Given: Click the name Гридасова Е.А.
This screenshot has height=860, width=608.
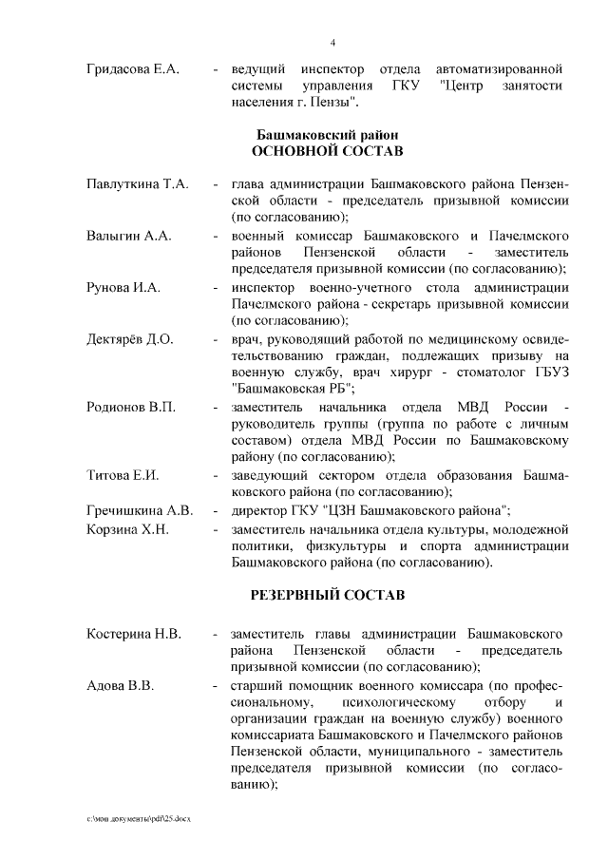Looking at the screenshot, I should point(134,70).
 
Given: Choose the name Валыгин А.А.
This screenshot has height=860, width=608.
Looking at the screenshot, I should point(128,235).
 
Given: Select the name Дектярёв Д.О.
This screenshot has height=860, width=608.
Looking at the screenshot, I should point(130,339).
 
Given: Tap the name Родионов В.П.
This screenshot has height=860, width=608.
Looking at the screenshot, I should point(129,408).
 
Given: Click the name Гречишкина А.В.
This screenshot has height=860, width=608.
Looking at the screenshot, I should point(139,510).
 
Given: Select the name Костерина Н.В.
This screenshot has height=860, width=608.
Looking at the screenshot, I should point(134,633).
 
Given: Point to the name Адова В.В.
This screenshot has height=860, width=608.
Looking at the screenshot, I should point(119,685).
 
